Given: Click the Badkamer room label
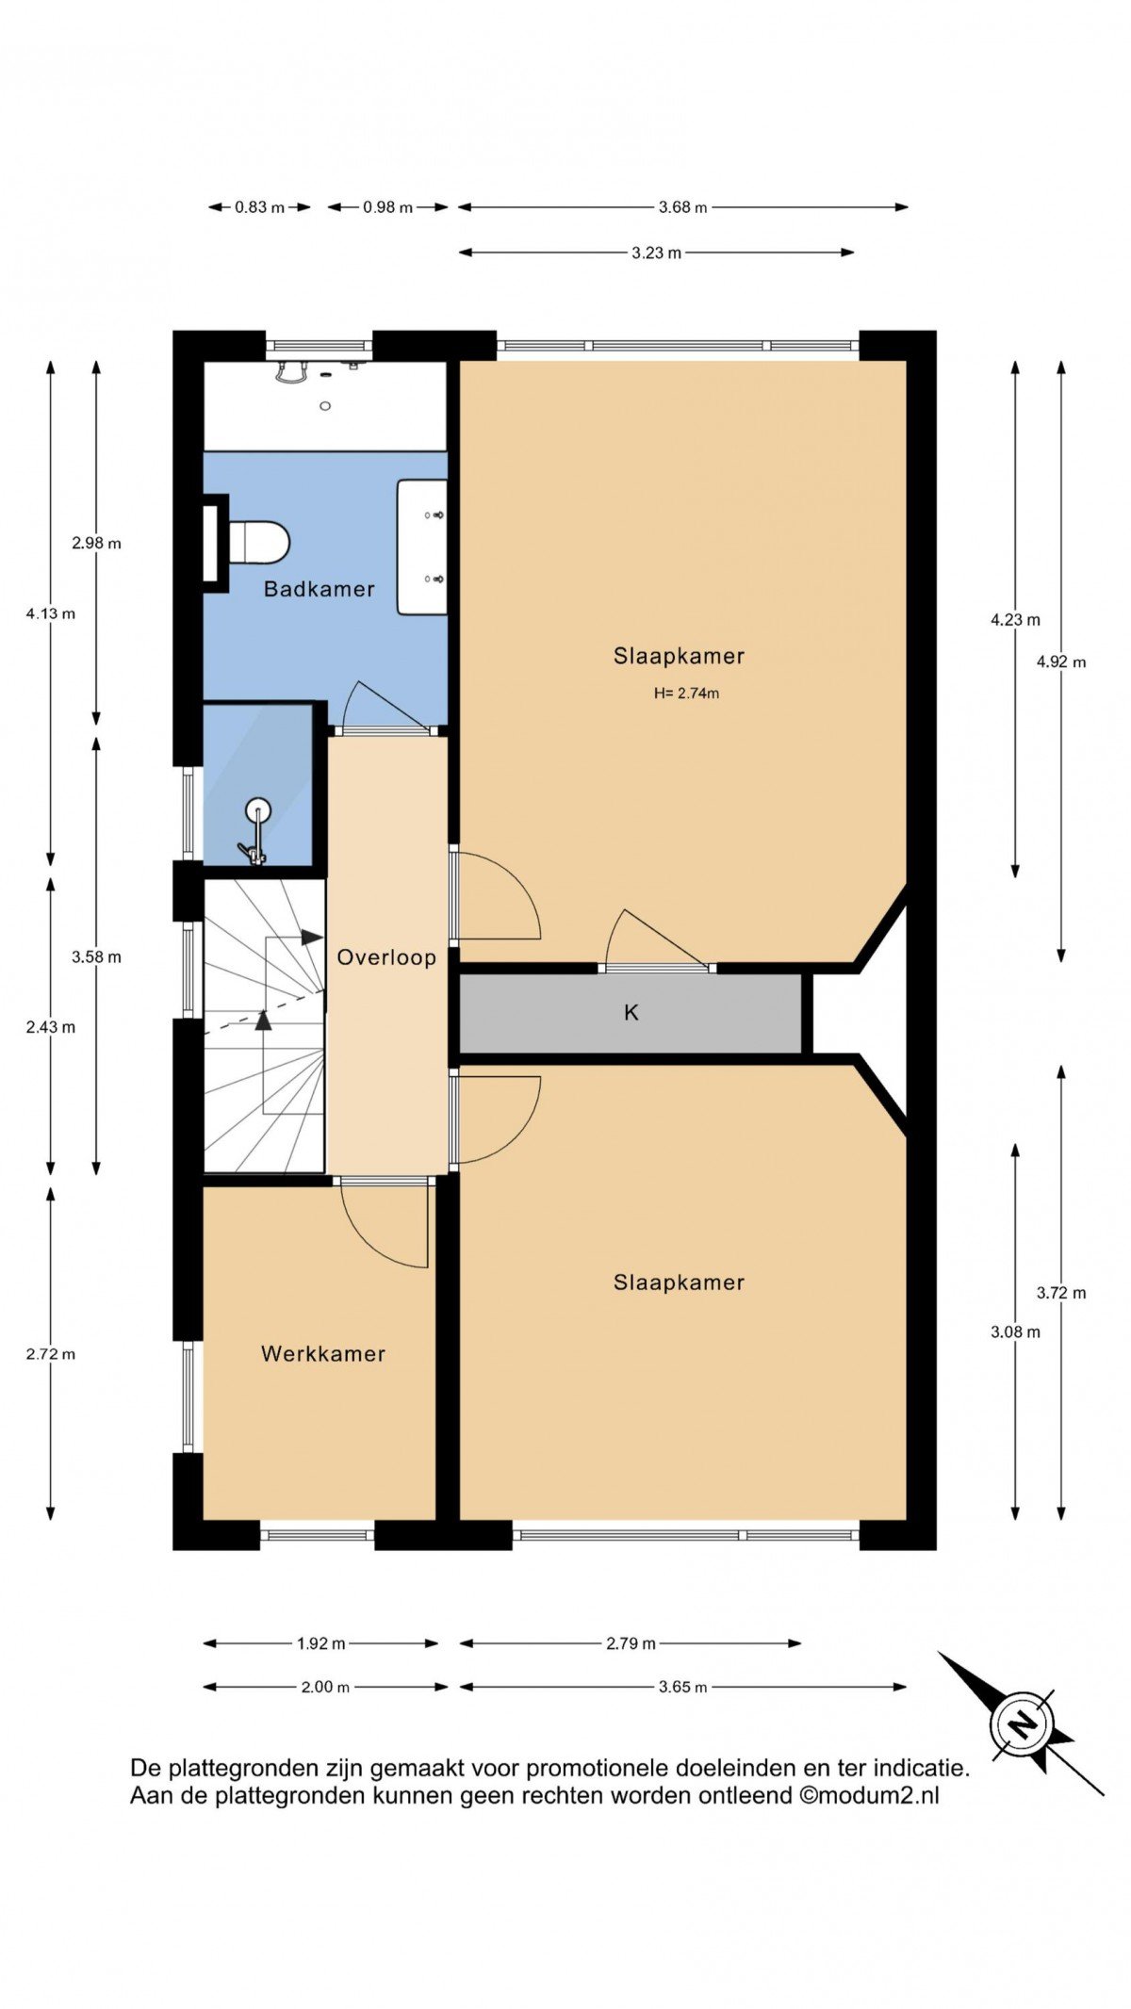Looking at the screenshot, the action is (x=319, y=589).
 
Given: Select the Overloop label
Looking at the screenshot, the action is (x=386, y=957).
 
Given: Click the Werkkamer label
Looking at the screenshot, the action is (x=323, y=1354).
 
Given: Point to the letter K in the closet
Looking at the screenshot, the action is (x=631, y=1012).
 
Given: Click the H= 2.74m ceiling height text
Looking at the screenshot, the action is (x=686, y=694).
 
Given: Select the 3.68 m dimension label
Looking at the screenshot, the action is (x=682, y=207).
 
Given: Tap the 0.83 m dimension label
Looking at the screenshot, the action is (x=259, y=207).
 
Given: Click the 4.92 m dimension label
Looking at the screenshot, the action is (x=1061, y=661).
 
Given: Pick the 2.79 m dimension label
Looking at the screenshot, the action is (x=631, y=1643).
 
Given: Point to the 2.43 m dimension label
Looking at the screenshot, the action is (x=51, y=1027).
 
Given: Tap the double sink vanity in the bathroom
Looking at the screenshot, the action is (x=421, y=547).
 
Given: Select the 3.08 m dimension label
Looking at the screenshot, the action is (x=1015, y=1331).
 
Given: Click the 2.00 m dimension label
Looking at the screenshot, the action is (x=325, y=1687).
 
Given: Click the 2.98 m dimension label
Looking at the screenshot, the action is (x=96, y=543).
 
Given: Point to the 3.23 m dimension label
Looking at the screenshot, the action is (x=656, y=253).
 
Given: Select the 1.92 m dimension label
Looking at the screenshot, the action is (x=320, y=1643).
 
